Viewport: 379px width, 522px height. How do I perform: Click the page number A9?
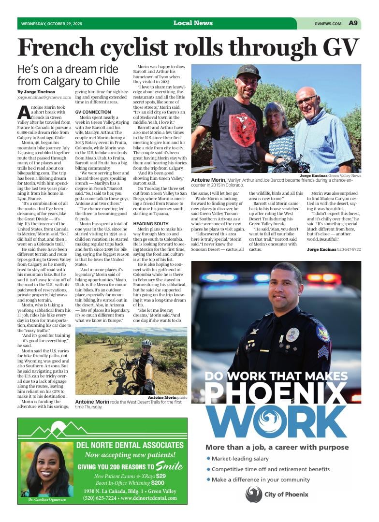[353, 23]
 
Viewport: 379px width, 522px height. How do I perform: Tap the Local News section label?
[193, 23]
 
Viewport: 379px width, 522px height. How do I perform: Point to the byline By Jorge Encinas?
[36, 92]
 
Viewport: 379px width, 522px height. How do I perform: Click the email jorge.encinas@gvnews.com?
[44, 97]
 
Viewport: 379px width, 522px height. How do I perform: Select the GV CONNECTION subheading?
[93, 112]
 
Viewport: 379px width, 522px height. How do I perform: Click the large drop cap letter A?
[24, 113]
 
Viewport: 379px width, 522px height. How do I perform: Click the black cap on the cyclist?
[248, 71]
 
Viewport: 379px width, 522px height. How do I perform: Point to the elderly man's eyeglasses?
[306, 101]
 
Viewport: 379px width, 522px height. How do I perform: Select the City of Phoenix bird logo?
[254, 494]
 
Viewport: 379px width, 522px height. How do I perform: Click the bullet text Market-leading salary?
[240, 459]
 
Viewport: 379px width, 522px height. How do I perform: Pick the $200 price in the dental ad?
[158, 482]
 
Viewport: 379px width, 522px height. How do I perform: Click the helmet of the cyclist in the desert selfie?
[146, 343]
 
